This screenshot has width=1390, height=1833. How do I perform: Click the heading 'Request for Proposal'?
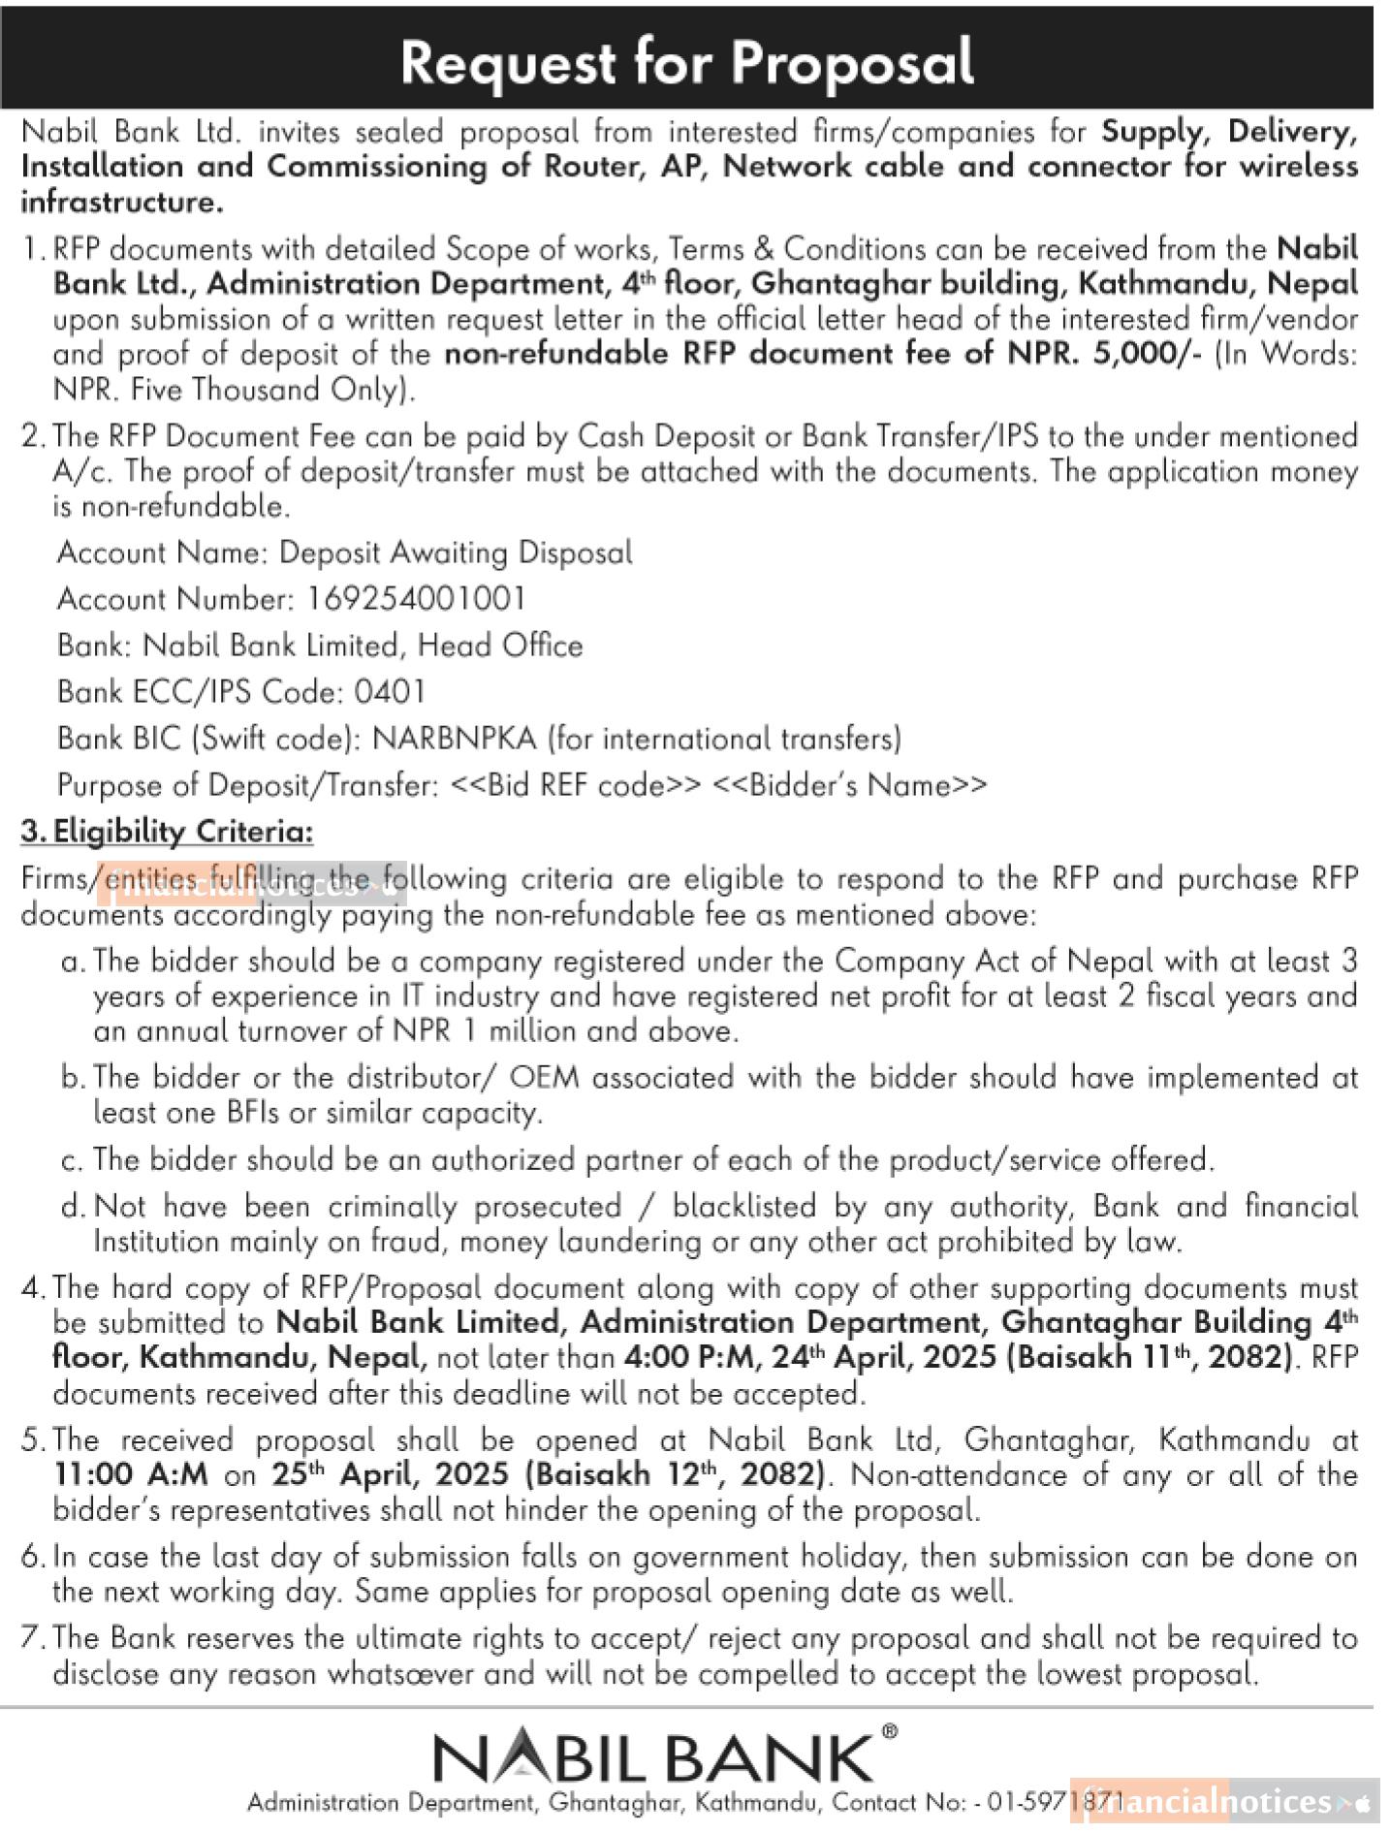pyautogui.click(x=686, y=62)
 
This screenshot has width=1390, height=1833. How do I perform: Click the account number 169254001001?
pyautogui.click(x=417, y=599)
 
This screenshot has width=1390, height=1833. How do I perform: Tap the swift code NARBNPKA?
pyautogui.click(x=454, y=739)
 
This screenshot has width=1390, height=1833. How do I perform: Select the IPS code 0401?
pyautogui.click(x=390, y=692)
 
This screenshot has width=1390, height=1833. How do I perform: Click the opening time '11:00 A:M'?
pyautogui.click(x=131, y=1474)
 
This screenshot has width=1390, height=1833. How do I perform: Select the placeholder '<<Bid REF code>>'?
pyautogui.click(x=576, y=785)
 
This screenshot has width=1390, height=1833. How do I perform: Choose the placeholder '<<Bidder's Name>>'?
pyautogui.click(x=850, y=785)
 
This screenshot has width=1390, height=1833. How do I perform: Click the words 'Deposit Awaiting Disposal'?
pyautogui.click(x=456, y=553)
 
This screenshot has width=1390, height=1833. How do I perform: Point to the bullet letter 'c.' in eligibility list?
pyautogui.click(x=72, y=1160)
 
